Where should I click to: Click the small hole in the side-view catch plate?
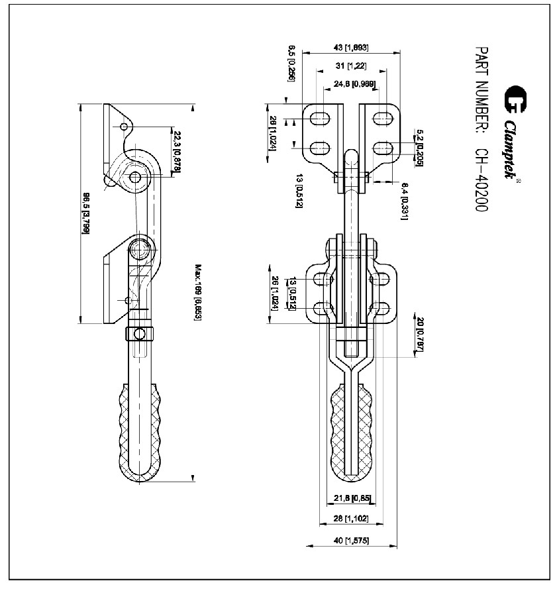point(124,127)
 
